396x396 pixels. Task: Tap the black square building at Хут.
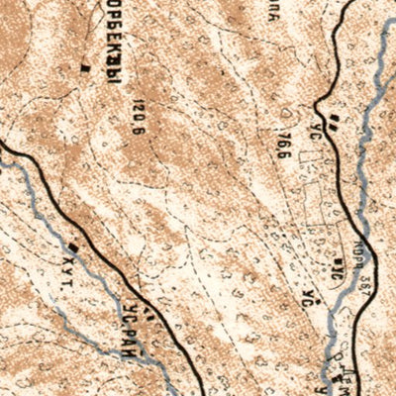[x=73, y=241]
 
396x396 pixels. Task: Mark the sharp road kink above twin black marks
[x=319, y=102]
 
